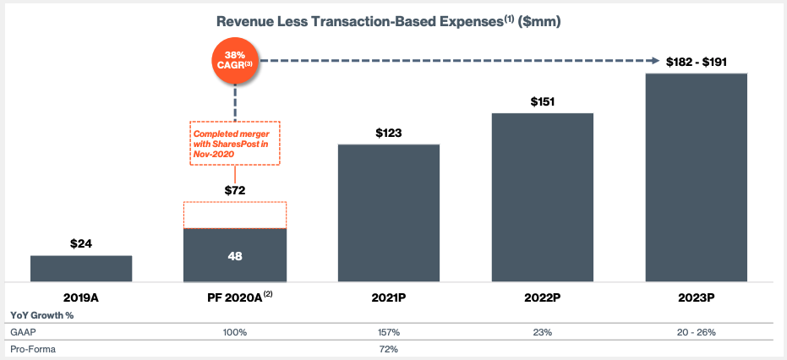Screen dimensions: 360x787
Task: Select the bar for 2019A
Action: tap(81, 268)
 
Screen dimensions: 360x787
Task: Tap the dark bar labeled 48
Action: tap(235, 254)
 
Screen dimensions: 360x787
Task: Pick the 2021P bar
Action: tap(389, 213)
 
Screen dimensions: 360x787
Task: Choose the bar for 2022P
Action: tap(542, 197)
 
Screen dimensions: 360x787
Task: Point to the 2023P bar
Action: tap(696, 177)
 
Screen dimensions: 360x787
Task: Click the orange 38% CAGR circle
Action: tap(235, 62)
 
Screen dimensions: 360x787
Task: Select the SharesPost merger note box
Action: tap(234, 142)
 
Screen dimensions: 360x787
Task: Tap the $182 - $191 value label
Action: tap(696, 62)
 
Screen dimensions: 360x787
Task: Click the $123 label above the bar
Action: tap(389, 133)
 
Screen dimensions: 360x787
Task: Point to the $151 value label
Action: tap(542, 101)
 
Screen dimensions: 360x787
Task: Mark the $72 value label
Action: tap(235, 190)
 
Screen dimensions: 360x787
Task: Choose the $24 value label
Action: tap(81, 244)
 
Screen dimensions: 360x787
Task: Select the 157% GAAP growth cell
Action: tap(389, 332)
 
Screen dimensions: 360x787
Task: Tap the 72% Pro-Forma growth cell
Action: tap(389, 349)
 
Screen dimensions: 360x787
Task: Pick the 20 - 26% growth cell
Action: tap(696, 332)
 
